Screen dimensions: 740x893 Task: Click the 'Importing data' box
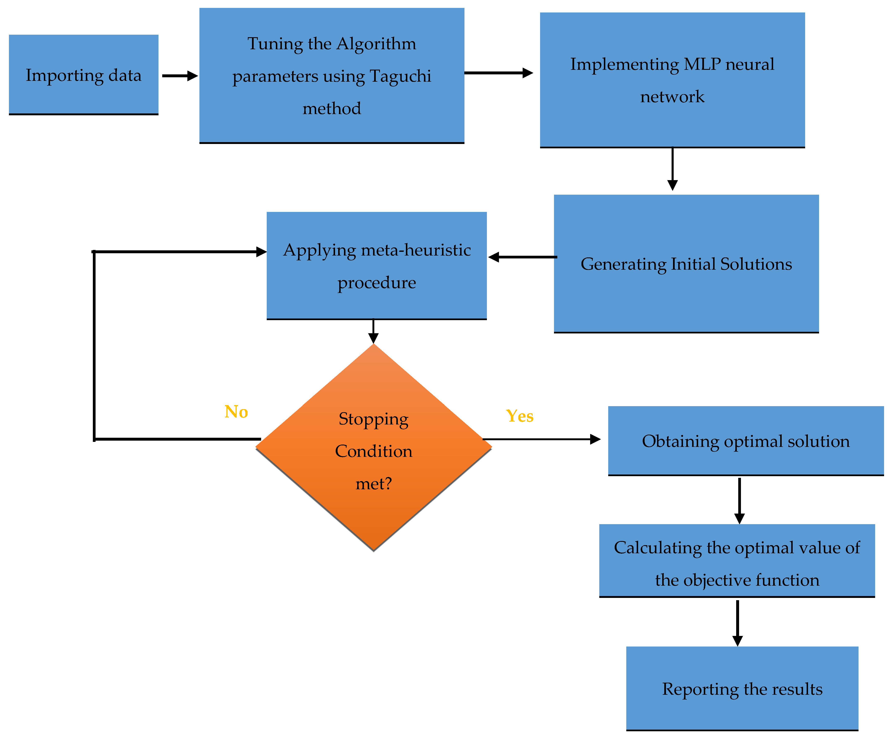click(83, 75)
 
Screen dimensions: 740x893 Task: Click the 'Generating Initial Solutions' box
click(686, 264)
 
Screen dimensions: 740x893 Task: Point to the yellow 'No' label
click(236, 412)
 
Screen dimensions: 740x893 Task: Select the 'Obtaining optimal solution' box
click(746, 441)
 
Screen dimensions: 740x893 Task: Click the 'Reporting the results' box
click(742, 689)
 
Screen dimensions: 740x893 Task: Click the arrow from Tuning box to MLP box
click(498, 73)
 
